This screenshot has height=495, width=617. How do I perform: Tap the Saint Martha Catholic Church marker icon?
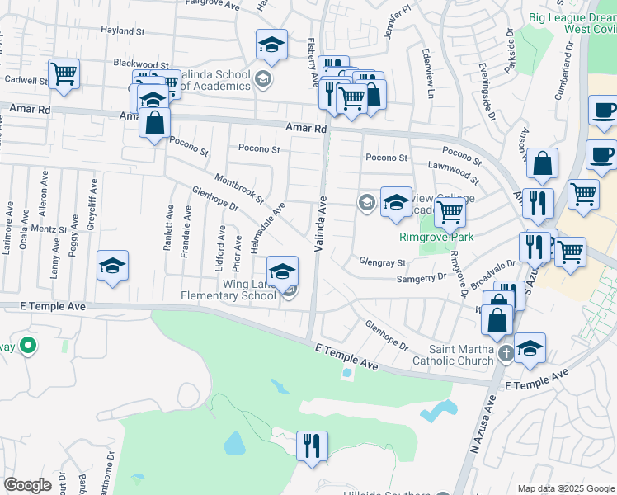tap(506, 354)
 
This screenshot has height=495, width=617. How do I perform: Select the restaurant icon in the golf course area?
tap(312, 445)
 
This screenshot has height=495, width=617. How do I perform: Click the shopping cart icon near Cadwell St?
tap(64, 74)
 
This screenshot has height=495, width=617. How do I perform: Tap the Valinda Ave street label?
tap(319, 224)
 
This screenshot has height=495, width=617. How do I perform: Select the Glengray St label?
tap(383, 262)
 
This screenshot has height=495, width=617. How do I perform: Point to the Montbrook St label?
tap(238, 189)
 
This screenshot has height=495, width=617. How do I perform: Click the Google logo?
tap(27, 485)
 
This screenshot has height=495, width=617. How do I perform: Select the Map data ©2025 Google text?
tap(565, 488)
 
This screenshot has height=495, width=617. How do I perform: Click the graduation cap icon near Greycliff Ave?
tap(112, 265)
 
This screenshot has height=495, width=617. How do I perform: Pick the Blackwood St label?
tap(141, 64)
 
